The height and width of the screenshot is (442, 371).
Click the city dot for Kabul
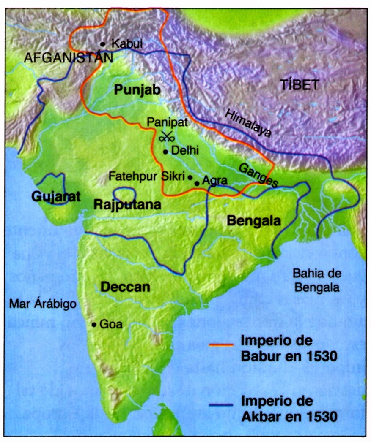pyautogui.click(x=102, y=44)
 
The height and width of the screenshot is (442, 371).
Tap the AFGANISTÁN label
pyautogui.click(x=69, y=58)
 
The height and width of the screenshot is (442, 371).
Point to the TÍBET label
pyautogui.click(x=300, y=85)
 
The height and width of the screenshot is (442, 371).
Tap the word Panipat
pyautogui.click(x=165, y=122)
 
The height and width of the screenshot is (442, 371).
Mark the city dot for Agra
pyautogui.click(x=197, y=183)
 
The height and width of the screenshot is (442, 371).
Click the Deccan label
pyautogui.click(x=125, y=287)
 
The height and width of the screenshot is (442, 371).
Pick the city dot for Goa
pyautogui.click(x=94, y=325)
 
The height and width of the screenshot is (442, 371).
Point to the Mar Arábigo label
pyautogui.click(x=43, y=304)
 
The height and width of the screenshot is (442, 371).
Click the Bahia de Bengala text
pyautogui.click(x=317, y=281)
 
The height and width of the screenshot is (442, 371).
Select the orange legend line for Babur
pyautogui.click(x=221, y=344)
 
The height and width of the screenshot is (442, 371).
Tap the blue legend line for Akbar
pyautogui.click(x=221, y=404)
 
